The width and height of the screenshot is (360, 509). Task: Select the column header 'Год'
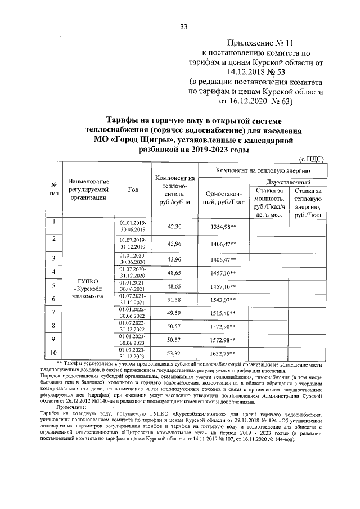tap(133, 189)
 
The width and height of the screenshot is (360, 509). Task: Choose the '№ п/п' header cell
tap(55, 189)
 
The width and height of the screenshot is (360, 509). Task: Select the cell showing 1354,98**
tap(223, 226)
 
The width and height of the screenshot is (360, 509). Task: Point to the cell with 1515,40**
tap(223, 313)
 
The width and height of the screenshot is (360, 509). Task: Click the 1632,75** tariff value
tap(223, 353)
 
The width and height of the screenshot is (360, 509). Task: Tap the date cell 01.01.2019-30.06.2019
tap(133, 226)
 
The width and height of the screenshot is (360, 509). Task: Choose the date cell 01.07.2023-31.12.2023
tap(133, 353)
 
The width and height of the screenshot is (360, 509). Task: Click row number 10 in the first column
tap(54, 352)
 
